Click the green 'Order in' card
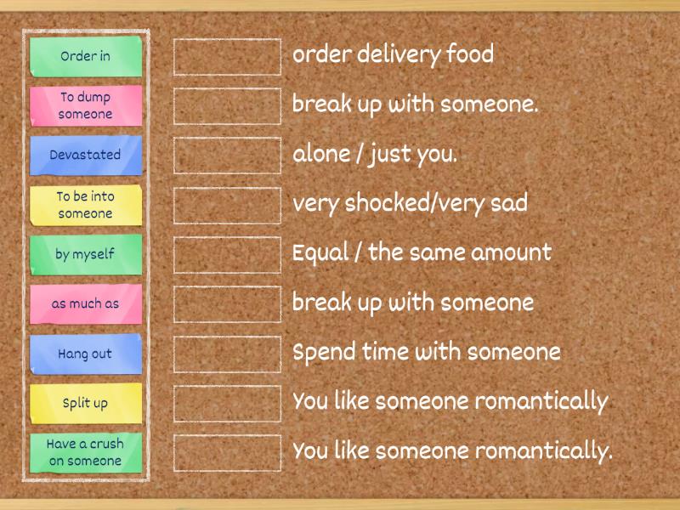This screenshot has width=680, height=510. pos(85,56)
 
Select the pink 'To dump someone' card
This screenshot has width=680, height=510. pos(85,105)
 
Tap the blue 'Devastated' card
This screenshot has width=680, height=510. pos(85,155)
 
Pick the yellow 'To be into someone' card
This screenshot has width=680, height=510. pos(85,205)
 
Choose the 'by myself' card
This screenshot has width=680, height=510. pos(85,254)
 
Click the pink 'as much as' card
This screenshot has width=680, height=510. pos(85,303)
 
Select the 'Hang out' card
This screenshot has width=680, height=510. pos(85,354)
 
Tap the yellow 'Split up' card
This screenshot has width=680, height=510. pos(85,403)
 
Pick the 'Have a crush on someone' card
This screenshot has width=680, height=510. pos(85,452)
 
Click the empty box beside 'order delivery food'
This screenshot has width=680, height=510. pos(227,56)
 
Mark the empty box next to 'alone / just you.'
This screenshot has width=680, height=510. pos(227,155)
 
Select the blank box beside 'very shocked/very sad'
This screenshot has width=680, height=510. pos(227,205)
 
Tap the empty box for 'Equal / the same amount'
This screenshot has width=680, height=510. pos(227,254)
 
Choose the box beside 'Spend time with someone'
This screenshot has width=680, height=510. pos(227,354)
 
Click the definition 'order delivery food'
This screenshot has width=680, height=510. pos(393,55)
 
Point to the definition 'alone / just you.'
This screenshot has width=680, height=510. pos(375,155)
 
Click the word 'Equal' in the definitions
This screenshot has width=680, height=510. pos(316,253)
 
